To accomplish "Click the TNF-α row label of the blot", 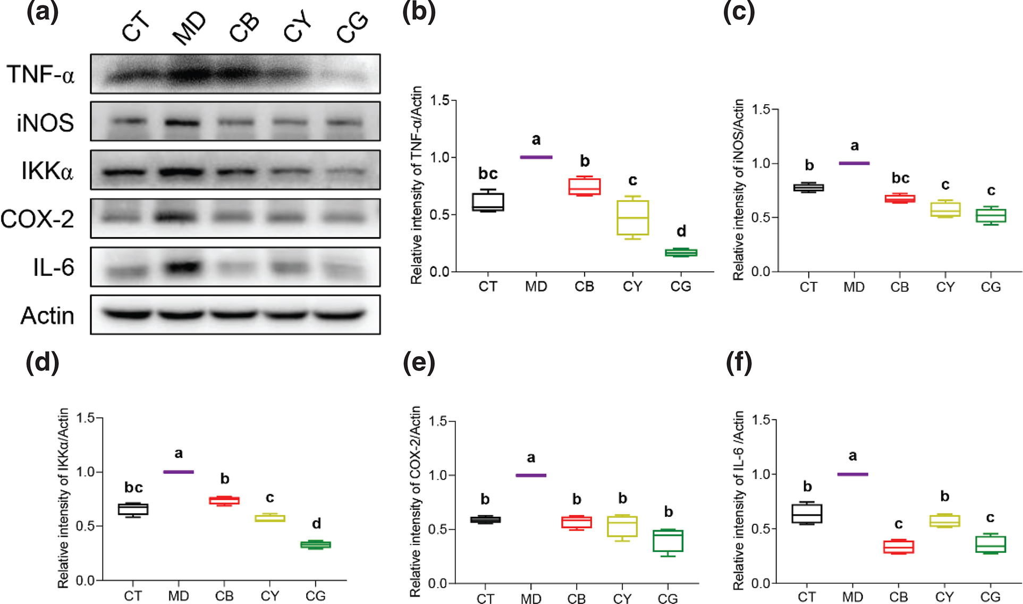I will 41,74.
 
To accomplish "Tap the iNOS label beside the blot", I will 45,123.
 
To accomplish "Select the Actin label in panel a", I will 47,316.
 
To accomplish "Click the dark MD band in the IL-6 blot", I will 183,266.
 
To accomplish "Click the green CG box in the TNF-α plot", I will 681,253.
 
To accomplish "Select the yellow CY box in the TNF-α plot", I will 632,217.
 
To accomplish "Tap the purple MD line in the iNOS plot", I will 854,163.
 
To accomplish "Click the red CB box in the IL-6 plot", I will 898,547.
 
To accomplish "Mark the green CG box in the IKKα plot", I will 316,544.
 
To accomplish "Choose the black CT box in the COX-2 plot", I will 485,519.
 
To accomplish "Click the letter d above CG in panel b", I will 681,231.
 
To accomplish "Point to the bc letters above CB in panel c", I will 900,178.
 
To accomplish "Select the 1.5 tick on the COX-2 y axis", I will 438,422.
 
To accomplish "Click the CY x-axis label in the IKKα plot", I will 269,596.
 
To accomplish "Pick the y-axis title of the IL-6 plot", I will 739,500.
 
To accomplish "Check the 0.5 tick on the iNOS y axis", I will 761,217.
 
